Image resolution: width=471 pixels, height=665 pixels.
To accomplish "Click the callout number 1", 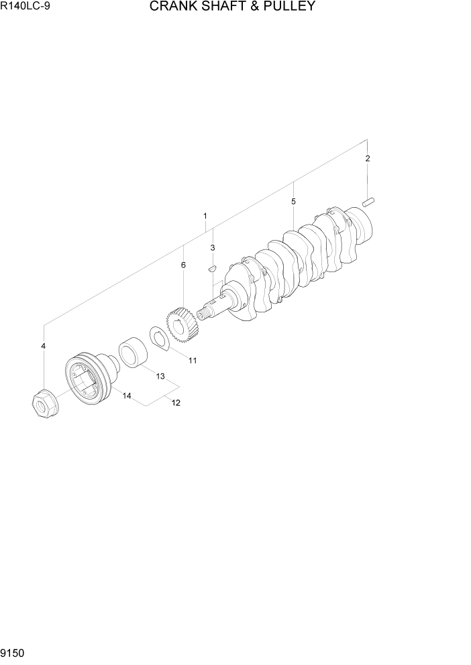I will [205, 217].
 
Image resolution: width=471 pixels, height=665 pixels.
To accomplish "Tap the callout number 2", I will [368, 159].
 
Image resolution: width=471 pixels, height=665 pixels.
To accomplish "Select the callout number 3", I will [213, 247].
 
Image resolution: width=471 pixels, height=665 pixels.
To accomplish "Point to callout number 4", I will [44, 346].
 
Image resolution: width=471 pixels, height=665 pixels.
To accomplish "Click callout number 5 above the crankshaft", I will [293, 201].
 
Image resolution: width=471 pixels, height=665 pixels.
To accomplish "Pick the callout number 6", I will [183, 265].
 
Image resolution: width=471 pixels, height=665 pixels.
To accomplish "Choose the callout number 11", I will [193, 361].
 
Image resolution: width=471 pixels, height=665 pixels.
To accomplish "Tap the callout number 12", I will [176, 403].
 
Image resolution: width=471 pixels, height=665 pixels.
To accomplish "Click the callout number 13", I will [160, 377].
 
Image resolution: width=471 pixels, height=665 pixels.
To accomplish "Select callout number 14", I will [126, 396].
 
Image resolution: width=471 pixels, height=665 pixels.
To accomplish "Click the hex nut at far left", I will [43, 404].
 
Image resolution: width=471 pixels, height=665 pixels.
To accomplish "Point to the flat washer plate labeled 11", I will [159, 337].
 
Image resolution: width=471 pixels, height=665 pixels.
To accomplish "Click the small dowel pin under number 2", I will [368, 200].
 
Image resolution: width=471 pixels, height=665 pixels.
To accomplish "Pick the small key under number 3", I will [211, 267].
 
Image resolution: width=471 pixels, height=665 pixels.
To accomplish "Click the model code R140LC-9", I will [21, 8].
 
